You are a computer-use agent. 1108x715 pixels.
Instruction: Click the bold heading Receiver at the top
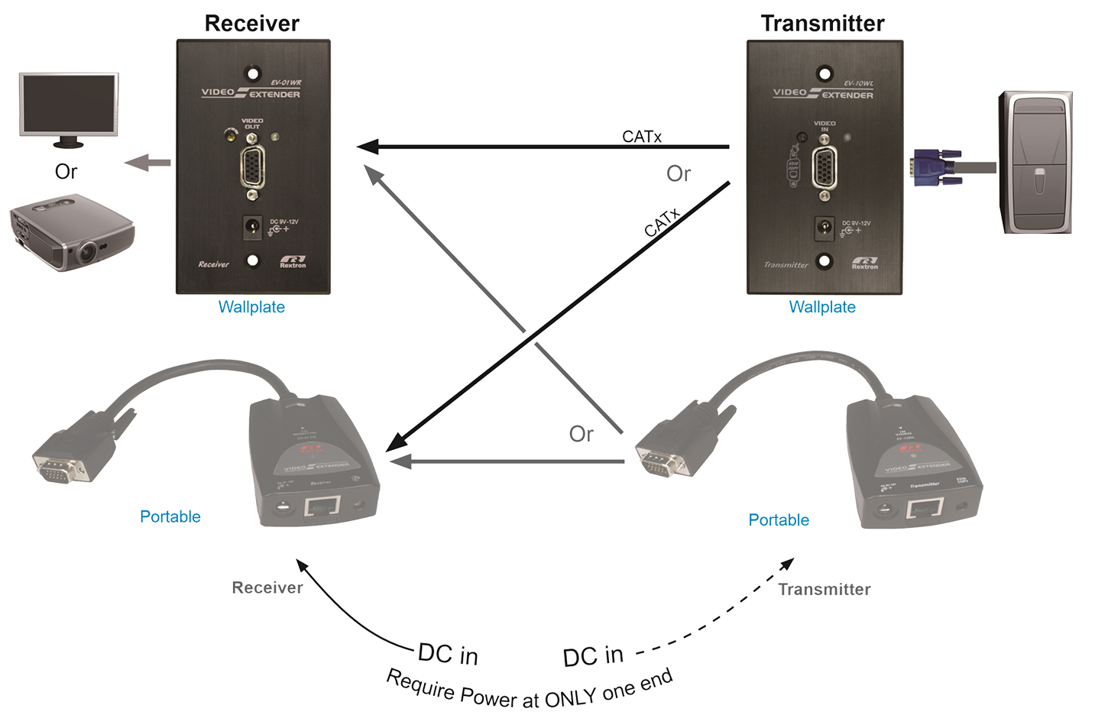click(x=251, y=24)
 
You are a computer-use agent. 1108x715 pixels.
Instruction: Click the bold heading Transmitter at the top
click(x=822, y=24)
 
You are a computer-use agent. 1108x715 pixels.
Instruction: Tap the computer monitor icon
click(x=69, y=108)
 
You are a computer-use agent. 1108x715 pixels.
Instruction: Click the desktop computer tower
click(x=1036, y=163)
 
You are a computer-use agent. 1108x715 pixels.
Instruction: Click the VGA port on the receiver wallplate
click(x=253, y=167)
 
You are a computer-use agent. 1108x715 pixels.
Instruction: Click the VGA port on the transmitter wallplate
click(x=825, y=168)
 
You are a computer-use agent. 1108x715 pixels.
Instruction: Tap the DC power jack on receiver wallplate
click(x=252, y=226)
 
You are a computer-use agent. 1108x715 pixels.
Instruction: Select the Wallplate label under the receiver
click(x=251, y=307)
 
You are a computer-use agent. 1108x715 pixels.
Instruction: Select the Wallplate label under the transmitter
click(x=822, y=307)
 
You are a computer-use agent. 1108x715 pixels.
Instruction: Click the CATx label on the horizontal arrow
click(x=642, y=137)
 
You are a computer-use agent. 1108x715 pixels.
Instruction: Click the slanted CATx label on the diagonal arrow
click(x=662, y=223)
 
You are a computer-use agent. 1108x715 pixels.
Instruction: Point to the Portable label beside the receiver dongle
click(x=170, y=517)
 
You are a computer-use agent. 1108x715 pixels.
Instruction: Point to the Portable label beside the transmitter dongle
click(x=779, y=520)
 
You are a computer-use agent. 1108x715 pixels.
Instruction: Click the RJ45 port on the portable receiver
click(x=322, y=506)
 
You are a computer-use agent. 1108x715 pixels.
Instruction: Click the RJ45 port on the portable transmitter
click(x=924, y=508)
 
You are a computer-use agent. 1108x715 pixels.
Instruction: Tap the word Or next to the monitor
click(x=66, y=172)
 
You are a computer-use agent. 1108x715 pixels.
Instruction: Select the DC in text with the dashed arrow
click(x=593, y=656)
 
